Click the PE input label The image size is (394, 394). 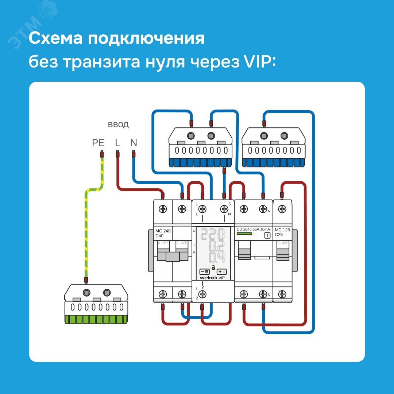click(x=98, y=143)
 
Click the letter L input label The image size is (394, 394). click(x=117, y=143)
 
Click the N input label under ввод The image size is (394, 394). click(x=134, y=143)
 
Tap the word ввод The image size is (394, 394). click(x=118, y=125)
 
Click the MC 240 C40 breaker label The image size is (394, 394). click(x=162, y=233)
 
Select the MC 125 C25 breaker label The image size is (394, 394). click(x=282, y=232)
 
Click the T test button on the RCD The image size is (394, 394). click(x=267, y=236)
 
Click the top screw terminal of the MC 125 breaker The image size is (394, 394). click(x=282, y=209)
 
